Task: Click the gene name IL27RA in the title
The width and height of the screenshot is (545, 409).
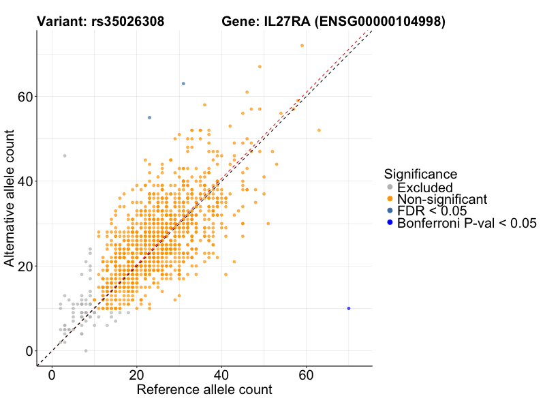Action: click(286, 22)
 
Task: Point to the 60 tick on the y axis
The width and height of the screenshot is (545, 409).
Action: click(26, 97)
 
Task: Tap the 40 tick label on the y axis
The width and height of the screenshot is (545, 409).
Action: click(26, 181)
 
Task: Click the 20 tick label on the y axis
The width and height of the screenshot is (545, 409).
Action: click(26, 266)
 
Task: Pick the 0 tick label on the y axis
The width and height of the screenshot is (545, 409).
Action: click(29, 350)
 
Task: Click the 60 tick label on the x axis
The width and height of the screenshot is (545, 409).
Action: click(306, 376)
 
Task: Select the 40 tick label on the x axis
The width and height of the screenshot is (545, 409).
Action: click(221, 376)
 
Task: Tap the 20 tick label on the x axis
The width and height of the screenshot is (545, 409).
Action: click(137, 376)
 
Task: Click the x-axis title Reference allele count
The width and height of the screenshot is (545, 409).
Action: click(204, 390)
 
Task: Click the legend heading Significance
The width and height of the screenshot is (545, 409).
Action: click(420, 174)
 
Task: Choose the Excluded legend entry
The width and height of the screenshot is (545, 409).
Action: click(424, 187)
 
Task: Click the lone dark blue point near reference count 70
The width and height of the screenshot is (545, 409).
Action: click(349, 308)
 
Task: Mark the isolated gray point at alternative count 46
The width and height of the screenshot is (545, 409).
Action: click(65, 156)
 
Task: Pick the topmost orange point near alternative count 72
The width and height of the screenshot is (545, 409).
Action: click(302, 46)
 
